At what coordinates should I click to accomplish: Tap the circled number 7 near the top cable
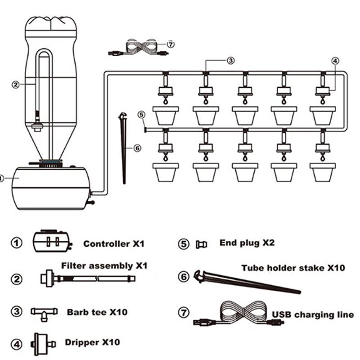(x=170, y=44)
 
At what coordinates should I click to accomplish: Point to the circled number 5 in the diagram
(x=141, y=115)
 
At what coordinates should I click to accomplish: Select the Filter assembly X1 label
(x=104, y=265)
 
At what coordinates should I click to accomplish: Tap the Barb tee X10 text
(x=97, y=311)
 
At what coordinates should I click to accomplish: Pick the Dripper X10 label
(x=93, y=342)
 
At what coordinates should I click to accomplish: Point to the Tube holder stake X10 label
(x=293, y=268)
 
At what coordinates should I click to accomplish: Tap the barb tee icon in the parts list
(x=44, y=312)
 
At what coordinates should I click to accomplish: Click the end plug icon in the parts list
(x=201, y=244)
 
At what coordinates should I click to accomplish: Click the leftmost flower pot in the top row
(x=166, y=115)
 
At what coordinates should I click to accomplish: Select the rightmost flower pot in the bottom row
(x=323, y=172)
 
